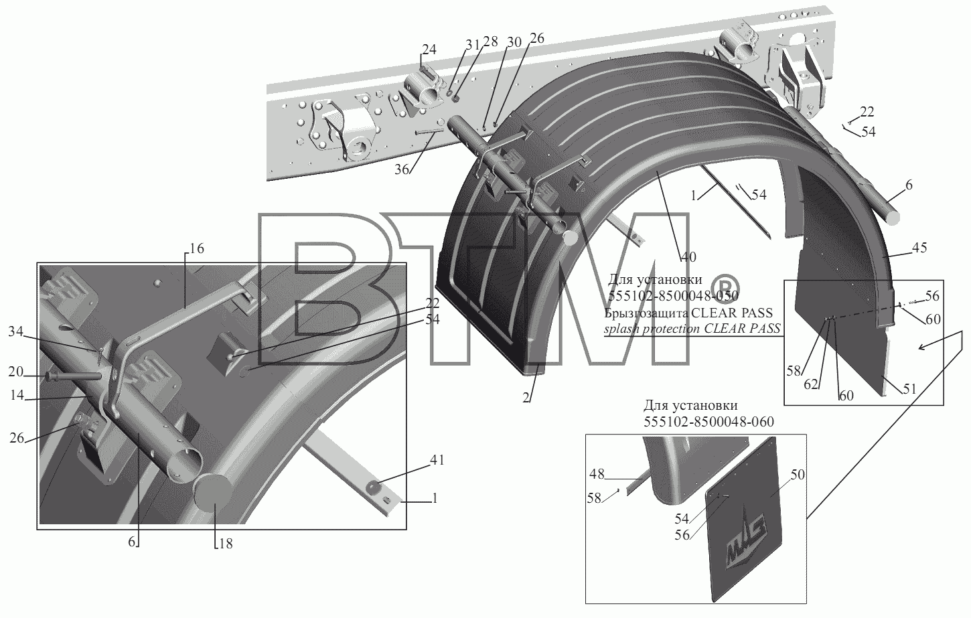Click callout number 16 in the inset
197,248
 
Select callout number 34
15,332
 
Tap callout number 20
15,372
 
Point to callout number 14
17,395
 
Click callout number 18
226,544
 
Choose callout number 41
437,460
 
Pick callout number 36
402,170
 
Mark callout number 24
429,50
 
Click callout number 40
688,257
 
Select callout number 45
919,248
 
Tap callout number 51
909,389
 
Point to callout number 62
810,384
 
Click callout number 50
798,475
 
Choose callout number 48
597,474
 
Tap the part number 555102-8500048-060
708,422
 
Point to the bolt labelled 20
74,375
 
